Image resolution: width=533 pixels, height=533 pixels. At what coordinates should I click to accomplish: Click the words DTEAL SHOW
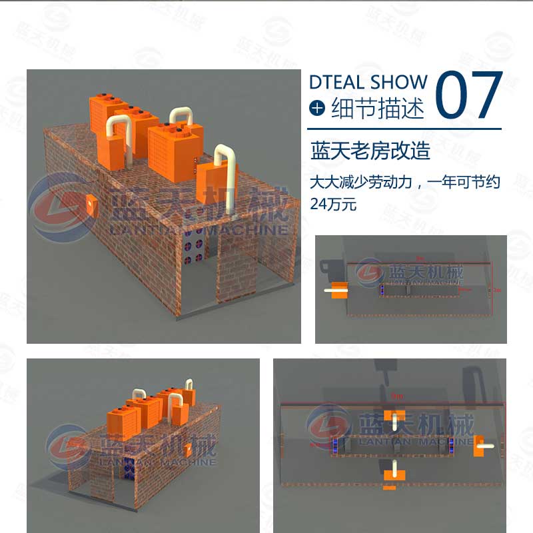[x=368, y=82]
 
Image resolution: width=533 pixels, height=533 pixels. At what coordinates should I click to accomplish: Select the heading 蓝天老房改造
[x=370, y=151]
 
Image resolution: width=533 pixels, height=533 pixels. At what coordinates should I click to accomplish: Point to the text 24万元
[x=333, y=205]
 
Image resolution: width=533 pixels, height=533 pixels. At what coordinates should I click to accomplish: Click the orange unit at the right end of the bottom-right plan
[x=478, y=447]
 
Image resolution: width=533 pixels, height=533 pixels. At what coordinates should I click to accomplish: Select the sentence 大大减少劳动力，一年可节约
[x=405, y=182]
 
